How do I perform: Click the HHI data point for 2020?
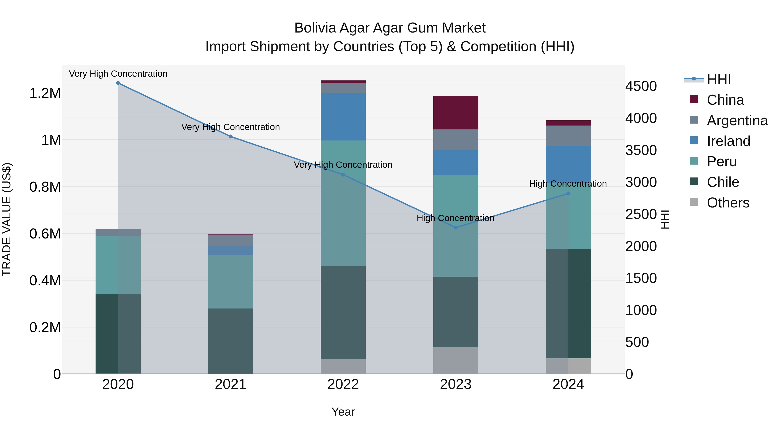[118, 83]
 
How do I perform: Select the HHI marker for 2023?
[456, 228]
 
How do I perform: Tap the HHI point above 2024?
[568, 194]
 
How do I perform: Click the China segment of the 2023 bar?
[456, 113]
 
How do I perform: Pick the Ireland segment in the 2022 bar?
[343, 117]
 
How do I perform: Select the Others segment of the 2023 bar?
[456, 360]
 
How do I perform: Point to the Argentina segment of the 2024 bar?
[568, 136]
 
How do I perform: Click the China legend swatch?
[694, 99]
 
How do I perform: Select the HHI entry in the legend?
[719, 79]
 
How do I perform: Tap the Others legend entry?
[728, 203]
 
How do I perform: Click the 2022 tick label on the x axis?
[343, 384]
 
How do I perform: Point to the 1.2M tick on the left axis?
[45, 93]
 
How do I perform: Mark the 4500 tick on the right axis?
[641, 86]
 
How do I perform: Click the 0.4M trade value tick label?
[45, 281]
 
